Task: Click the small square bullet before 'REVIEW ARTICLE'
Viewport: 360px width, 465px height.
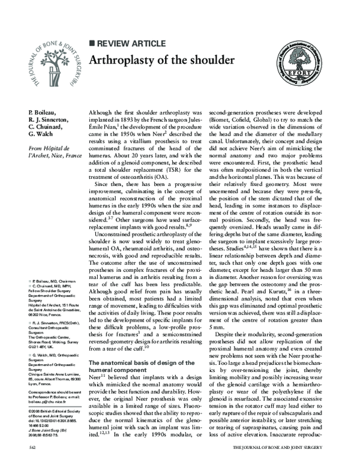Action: click(x=92, y=43)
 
